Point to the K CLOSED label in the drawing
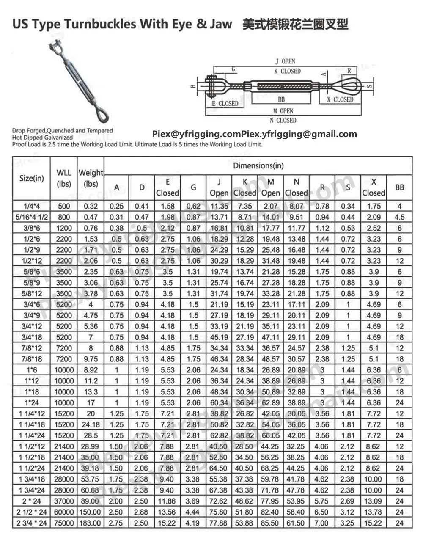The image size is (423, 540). [287, 71]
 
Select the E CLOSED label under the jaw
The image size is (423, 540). [225, 103]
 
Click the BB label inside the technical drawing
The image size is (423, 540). [281, 99]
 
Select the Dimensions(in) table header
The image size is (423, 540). [258, 166]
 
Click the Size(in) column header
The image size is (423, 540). [32, 178]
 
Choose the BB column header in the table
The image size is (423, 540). [399, 187]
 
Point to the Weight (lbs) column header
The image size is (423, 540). [91, 178]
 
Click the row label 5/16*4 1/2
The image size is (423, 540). [32, 217]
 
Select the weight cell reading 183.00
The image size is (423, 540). [91, 523]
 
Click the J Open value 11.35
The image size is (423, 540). [219, 207]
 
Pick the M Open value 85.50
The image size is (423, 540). [270, 523]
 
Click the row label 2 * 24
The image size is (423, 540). [32, 501]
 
